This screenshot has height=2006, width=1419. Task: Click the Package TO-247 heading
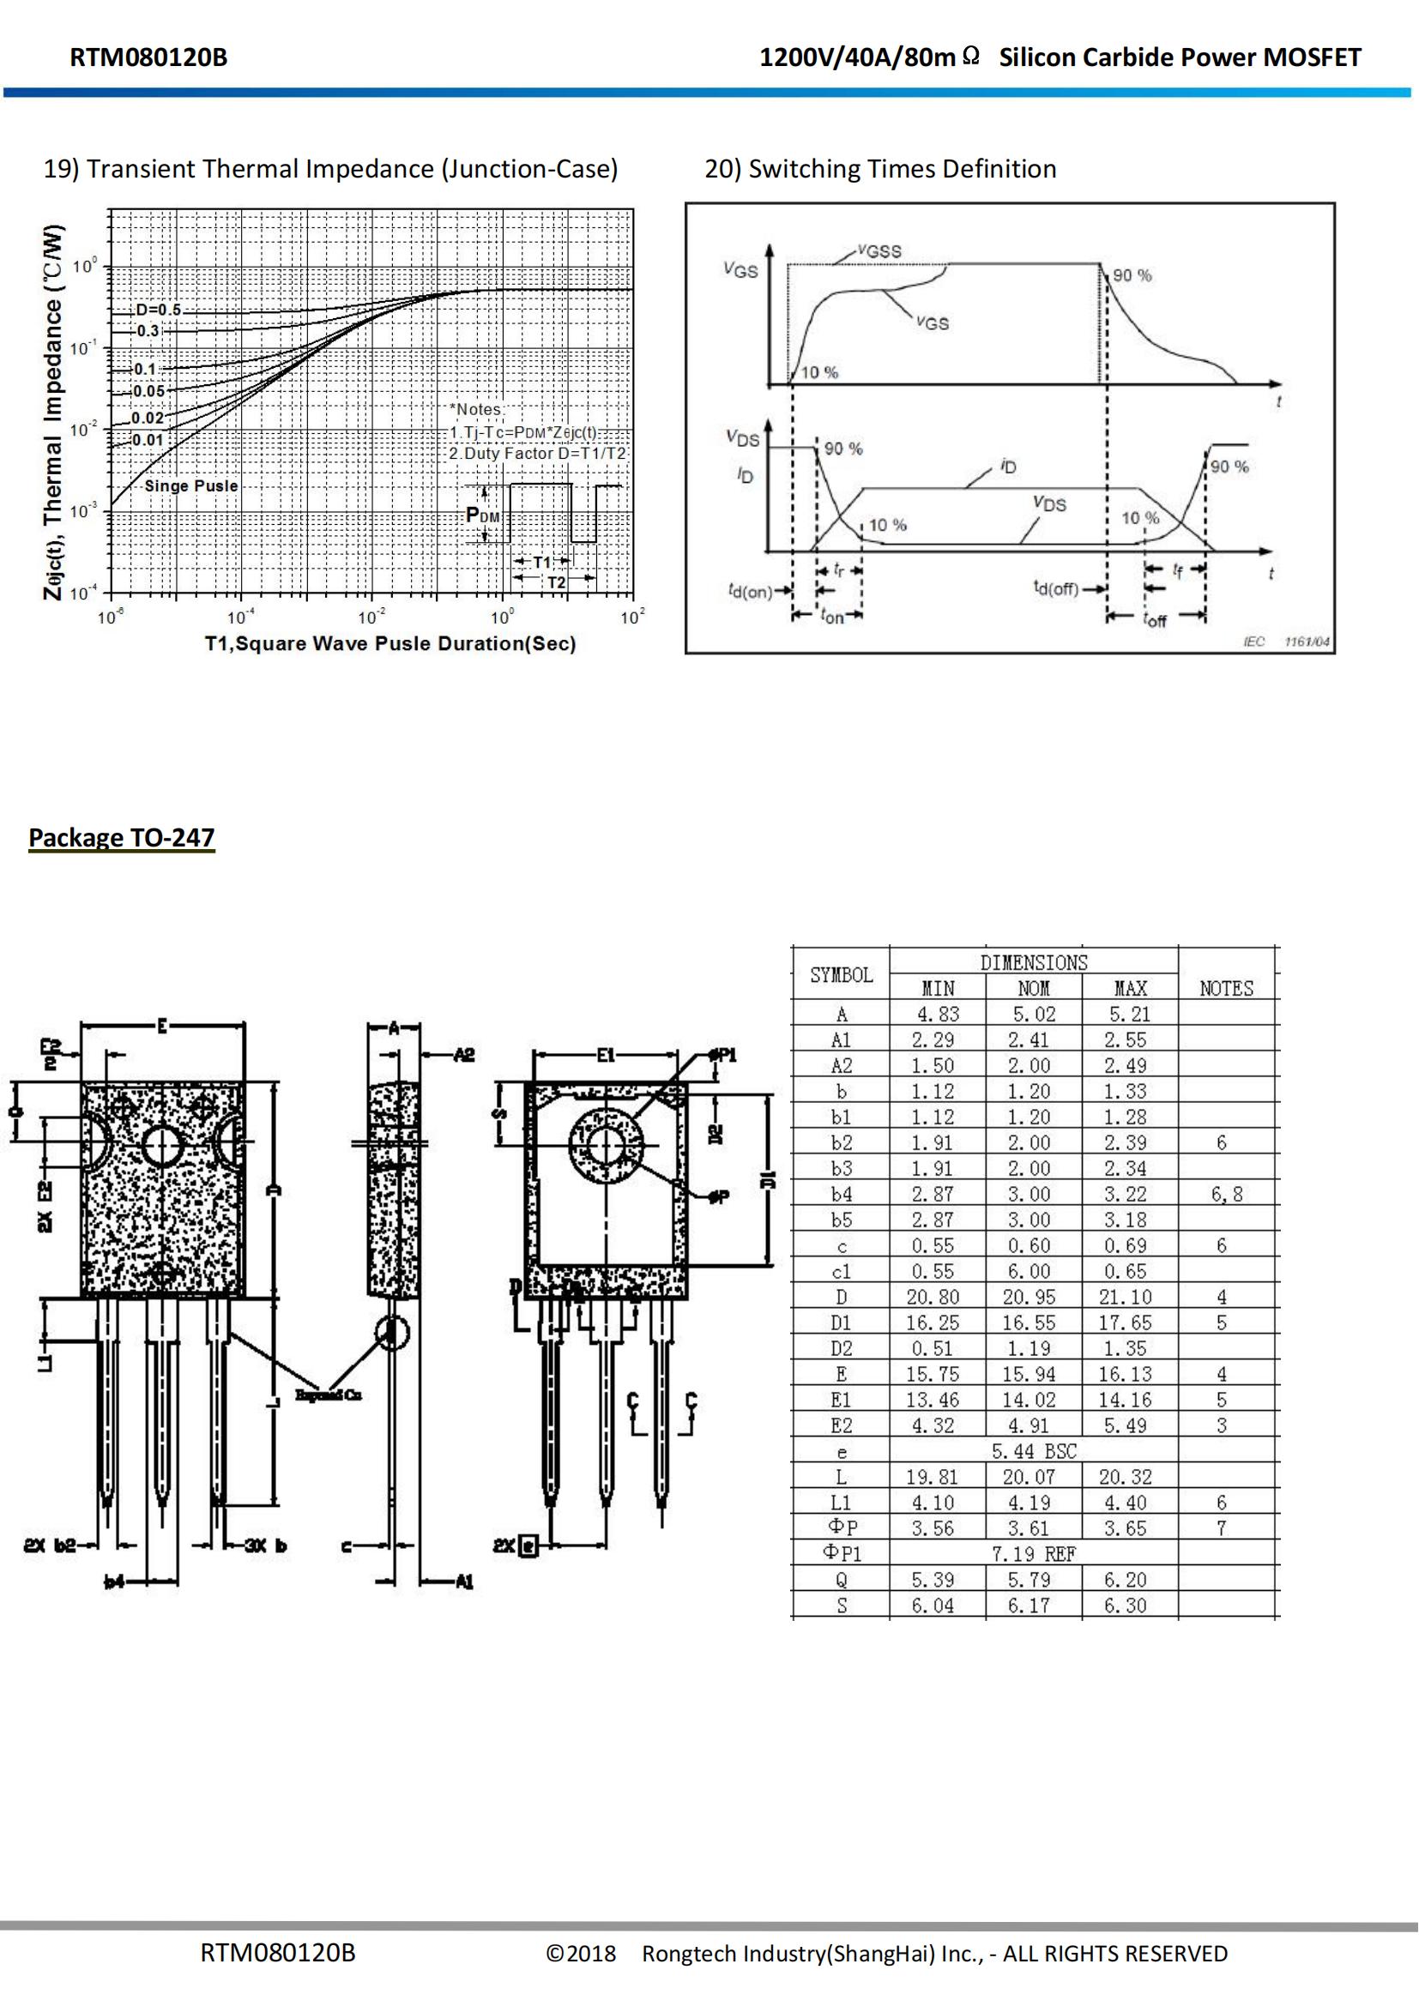point(122,837)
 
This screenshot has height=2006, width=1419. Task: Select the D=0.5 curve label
point(158,310)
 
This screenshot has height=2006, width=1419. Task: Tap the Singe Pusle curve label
point(190,485)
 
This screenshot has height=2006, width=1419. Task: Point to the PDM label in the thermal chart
point(482,515)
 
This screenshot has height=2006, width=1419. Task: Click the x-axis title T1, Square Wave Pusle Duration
point(390,644)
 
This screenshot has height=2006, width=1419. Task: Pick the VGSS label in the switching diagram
point(879,251)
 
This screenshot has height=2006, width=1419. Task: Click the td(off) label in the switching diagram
point(1055,588)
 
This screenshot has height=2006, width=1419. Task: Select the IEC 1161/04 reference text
point(1286,642)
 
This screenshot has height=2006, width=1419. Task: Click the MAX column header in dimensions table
point(1130,988)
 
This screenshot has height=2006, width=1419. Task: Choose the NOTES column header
point(1226,988)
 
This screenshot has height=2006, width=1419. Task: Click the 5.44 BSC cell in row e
point(1034,1451)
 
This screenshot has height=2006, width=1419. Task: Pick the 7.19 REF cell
point(1034,1554)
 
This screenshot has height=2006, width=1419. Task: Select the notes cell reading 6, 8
point(1226,1195)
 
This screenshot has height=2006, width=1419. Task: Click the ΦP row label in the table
point(841,1528)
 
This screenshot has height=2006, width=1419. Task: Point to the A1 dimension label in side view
point(464,1582)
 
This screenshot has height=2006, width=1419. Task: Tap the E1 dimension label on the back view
point(607,1055)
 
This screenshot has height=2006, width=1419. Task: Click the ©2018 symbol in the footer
point(581,1954)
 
